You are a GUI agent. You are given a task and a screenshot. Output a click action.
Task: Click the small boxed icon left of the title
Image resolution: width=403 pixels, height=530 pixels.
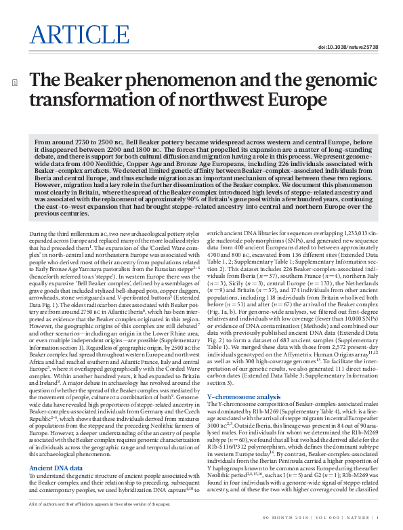[x=15, y=83]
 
